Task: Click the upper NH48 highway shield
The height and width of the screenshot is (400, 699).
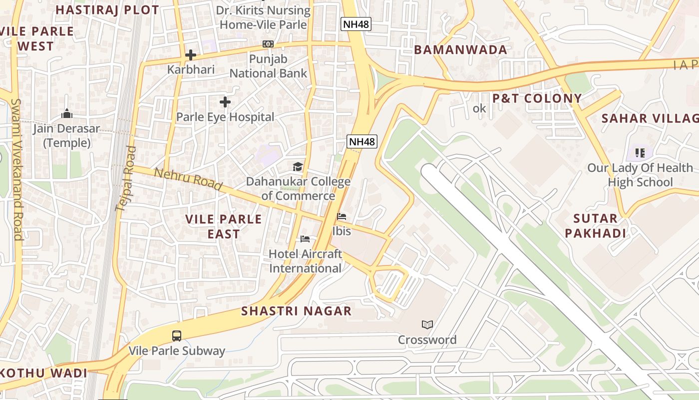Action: tap(356, 23)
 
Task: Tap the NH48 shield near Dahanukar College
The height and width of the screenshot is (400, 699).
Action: tap(362, 141)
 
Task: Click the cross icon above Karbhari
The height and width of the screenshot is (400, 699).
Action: tap(191, 54)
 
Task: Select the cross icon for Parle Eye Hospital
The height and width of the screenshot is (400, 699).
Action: tap(225, 102)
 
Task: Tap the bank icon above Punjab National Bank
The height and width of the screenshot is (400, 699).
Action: tap(268, 44)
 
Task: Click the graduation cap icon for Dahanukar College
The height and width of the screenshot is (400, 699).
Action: tap(298, 166)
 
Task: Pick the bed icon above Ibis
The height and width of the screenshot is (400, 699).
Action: tap(342, 216)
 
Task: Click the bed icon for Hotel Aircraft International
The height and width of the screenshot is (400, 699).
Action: tap(305, 239)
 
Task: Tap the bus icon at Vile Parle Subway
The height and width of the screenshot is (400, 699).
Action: tap(177, 335)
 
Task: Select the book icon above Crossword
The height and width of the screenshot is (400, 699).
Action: tap(427, 325)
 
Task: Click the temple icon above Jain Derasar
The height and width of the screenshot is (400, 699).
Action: tap(67, 113)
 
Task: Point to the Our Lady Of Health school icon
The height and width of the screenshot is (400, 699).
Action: tap(640, 152)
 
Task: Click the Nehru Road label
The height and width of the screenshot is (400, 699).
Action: tap(188, 179)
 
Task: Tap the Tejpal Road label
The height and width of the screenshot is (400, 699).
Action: tap(125, 178)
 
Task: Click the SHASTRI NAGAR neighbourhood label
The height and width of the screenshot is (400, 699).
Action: tap(297, 311)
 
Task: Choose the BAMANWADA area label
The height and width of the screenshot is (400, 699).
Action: tap(460, 49)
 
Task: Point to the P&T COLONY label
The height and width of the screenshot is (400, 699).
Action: tap(537, 98)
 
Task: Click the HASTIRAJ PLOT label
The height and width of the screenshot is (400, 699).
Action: tap(107, 9)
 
